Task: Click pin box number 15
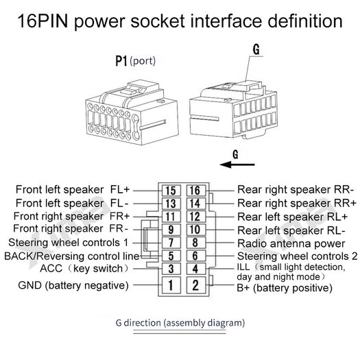pyautogui.click(x=171, y=191)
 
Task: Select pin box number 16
pyautogui.click(x=195, y=191)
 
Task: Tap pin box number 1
pyautogui.click(x=171, y=285)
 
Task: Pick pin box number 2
pyautogui.click(x=195, y=285)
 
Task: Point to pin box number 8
pyautogui.click(x=195, y=243)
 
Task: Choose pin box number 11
pyautogui.click(x=171, y=217)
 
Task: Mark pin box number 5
pyautogui.click(x=171, y=256)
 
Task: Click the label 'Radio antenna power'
pyautogui.click(x=291, y=243)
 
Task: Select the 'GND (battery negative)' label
pyautogui.click(x=73, y=285)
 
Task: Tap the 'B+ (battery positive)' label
pyautogui.click(x=285, y=288)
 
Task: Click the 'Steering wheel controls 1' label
pyautogui.click(x=68, y=243)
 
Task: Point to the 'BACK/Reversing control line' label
pyautogui.click(x=72, y=256)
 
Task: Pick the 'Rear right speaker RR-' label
pyautogui.click(x=296, y=190)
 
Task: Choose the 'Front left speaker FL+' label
pyautogui.click(x=73, y=190)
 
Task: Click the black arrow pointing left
pyautogui.click(x=237, y=165)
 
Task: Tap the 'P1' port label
pyautogui.click(x=121, y=61)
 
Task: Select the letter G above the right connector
pyautogui.click(x=256, y=49)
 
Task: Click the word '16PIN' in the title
pyautogui.click(x=43, y=21)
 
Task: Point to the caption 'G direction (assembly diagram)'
pyautogui.click(x=180, y=323)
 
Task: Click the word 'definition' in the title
pyautogui.click(x=305, y=21)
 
